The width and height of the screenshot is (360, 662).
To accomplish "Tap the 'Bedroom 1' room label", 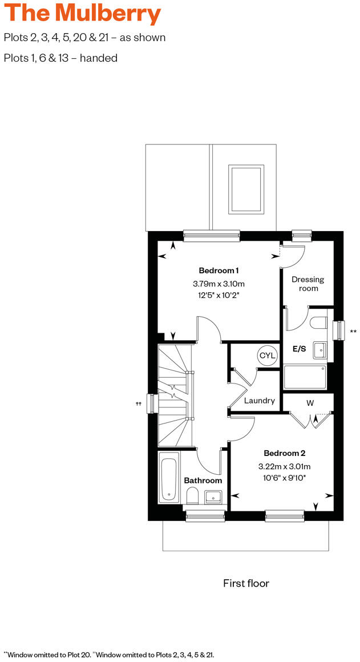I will (219, 271).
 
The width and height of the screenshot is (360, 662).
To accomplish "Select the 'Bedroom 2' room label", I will (284, 453).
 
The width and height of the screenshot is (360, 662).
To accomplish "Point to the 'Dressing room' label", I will (308, 284).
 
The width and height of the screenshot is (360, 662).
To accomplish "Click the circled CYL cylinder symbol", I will (267, 355).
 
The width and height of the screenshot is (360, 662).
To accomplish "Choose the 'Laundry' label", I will (260, 401).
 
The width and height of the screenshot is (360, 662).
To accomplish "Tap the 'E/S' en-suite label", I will (300, 349).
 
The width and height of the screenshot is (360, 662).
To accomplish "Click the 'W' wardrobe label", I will (310, 403).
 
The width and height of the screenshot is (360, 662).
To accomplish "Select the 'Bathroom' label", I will (203, 481).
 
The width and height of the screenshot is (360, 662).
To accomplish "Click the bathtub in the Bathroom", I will (168, 477).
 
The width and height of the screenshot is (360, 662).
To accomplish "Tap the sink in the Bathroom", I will (213, 495).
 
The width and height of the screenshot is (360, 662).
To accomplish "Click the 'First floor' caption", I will (246, 583).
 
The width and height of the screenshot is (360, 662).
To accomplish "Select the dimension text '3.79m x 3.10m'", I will (219, 284).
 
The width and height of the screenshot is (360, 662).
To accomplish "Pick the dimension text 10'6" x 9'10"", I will (284, 477).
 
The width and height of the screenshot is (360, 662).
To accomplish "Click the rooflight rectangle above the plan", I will (246, 188).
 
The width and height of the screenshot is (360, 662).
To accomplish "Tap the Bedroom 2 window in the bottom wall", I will (285, 516).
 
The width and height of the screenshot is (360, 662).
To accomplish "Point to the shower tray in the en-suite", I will (305, 377).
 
